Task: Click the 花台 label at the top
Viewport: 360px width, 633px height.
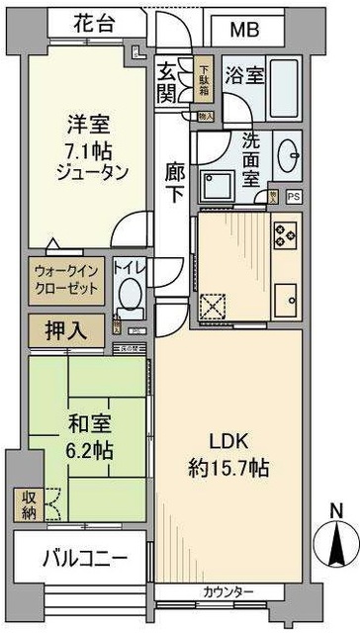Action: [x=104, y=22]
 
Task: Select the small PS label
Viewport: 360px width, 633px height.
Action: [x=293, y=197]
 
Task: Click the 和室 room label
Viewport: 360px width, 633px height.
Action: [x=88, y=425]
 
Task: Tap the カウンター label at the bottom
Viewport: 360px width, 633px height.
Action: [x=228, y=592]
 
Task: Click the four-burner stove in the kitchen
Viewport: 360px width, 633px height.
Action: [x=286, y=234]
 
